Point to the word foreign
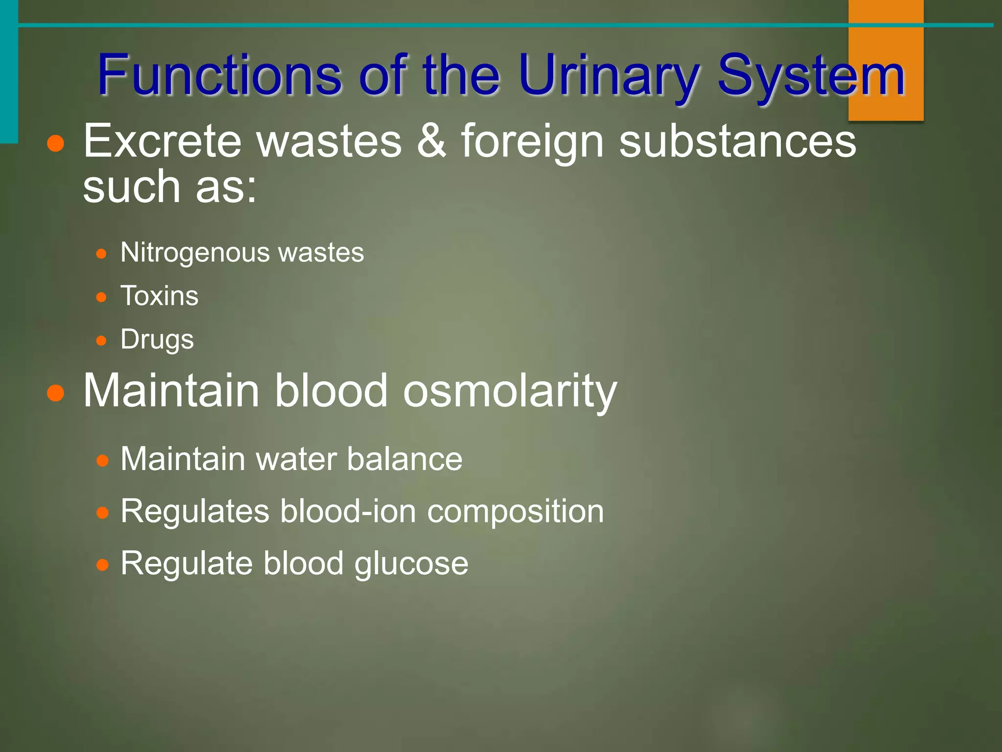[x=532, y=142]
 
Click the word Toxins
[x=159, y=296]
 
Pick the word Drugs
[x=157, y=340]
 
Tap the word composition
[x=516, y=512]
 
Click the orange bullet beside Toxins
[x=101, y=297]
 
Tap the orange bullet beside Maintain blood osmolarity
[x=56, y=393]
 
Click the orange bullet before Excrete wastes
[x=56, y=143]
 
